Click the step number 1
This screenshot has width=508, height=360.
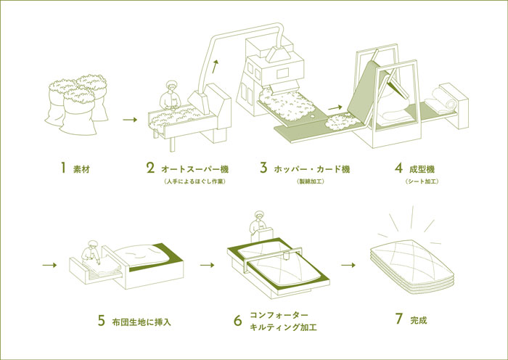64,168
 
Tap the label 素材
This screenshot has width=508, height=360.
81,169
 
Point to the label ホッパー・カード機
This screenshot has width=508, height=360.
312,169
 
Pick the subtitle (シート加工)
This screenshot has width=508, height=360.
422,181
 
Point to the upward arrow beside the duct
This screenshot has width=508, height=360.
215,70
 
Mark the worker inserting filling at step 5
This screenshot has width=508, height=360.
92,250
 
